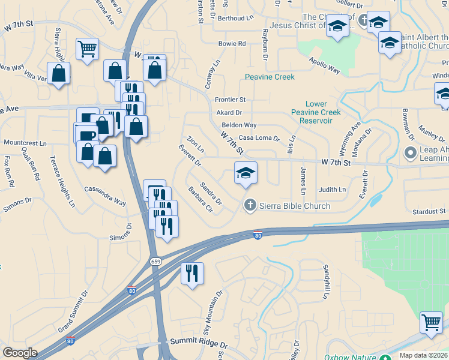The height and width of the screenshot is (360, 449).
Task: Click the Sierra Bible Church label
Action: pyautogui.click(x=295, y=206)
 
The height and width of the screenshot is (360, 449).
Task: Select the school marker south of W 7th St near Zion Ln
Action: pyautogui.click(x=246, y=173)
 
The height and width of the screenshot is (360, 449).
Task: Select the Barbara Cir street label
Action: pyautogui.click(x=200, y=200)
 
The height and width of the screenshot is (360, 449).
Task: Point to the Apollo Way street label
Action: pyautogui.click(x=325, y=67)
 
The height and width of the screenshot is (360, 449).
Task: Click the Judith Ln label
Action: pyautogui.click(x=333, y=190)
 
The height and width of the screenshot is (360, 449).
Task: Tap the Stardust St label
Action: pyautogui.click(x=429, y=211)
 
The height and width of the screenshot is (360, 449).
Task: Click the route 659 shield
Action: pyautogui.click(x=156, y=262)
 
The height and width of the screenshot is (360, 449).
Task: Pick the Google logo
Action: pyautogui.click(x=20, y=353)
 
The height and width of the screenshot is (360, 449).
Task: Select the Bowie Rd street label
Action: pyautogui.click(x=232, y=44)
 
